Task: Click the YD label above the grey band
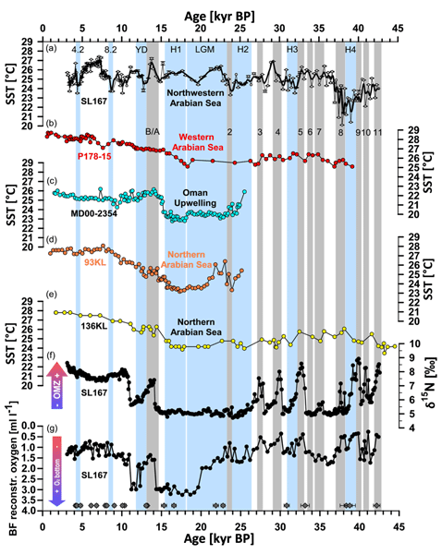[141, 49]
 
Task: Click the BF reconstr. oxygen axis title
[9, 464]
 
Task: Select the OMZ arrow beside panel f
[27, 386]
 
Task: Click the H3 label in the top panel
[291, 49]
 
